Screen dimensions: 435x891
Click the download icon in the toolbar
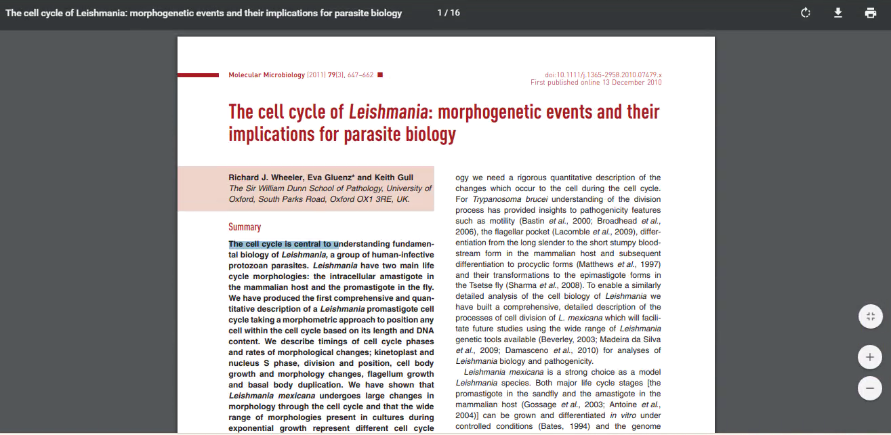(x=838, y=13)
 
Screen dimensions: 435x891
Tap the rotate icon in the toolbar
(x=806, y=13)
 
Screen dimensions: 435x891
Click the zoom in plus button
(x=869, y=356)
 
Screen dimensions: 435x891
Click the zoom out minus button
(x=869, y=388)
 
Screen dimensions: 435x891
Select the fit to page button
(x=869, y=316)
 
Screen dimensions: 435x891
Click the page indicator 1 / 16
(x=449, y=13)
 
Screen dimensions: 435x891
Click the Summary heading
(x=245, y=227)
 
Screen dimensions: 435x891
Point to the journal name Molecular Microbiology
(x=267, y=75)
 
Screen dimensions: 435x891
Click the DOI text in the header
(x=603, y=75)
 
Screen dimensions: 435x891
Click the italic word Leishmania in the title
(x=388, y=112)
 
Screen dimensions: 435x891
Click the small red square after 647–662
(x=380, y=75)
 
